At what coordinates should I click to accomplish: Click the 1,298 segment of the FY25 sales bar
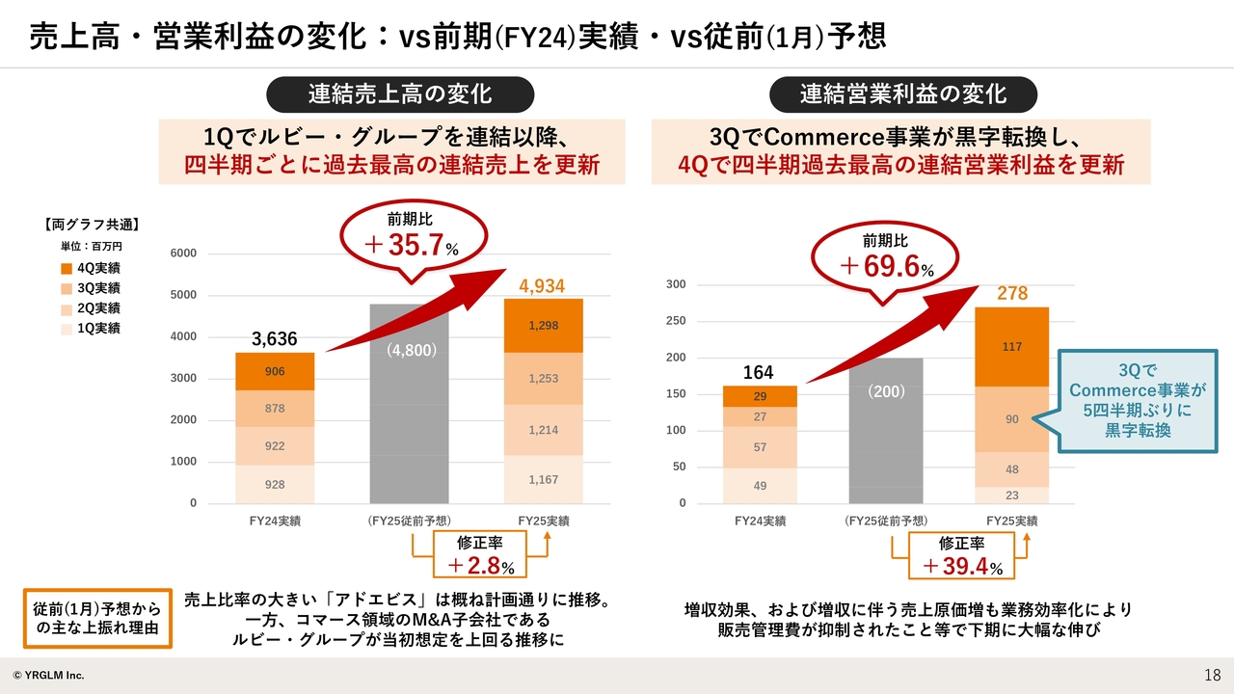click(x=543, y=326)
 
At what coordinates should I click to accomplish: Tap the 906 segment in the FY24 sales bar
click(x=275, y=371)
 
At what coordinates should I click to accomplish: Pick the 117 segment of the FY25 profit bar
click(x=1011, y=347)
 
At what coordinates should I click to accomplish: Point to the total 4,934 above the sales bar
click(x=542, y=286)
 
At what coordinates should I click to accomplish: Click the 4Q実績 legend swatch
click(x=66, y=268)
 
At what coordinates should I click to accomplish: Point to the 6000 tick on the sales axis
click(x=183, y=254)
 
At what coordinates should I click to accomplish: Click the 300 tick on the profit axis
click(x=675, y=284)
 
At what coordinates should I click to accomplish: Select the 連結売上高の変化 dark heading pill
click(x=399, y=93)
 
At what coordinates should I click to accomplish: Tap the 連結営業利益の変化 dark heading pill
click(x=902, y=93)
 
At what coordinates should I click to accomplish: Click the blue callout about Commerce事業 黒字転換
click(x=1138, y=400)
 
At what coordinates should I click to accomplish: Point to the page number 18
click(x=1212, y=674)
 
